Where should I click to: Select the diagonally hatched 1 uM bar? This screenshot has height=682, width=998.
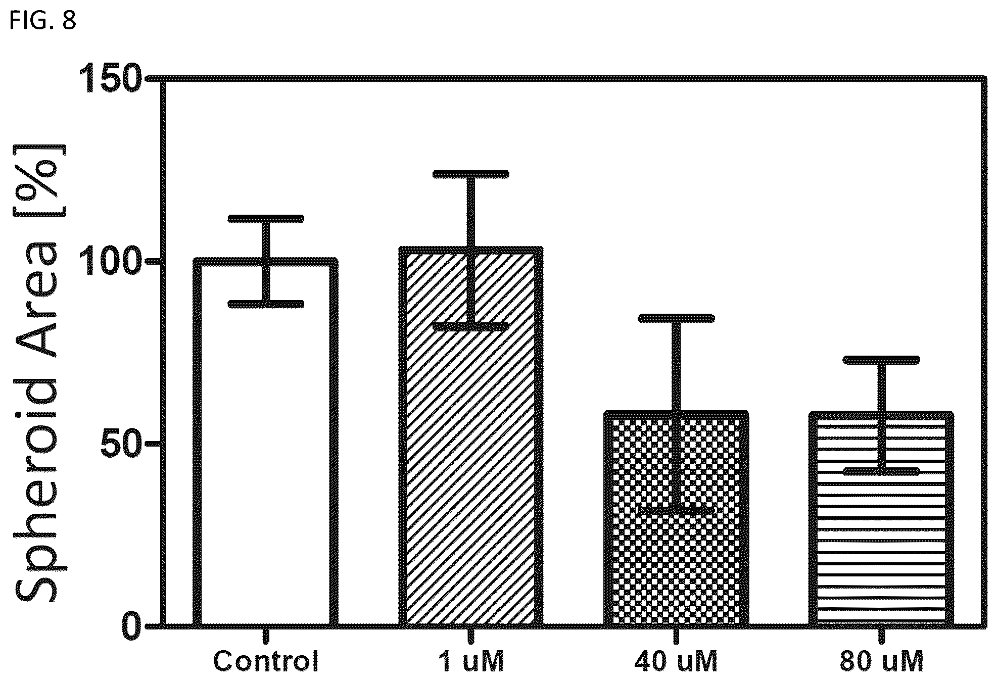coord(470,437)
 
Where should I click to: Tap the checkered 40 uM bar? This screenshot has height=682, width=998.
coord(676,519)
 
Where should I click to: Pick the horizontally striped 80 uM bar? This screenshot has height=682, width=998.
coord(881,519)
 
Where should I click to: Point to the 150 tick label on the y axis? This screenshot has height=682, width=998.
coord(108,79)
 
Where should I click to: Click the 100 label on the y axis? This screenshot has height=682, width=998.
coord(108,262)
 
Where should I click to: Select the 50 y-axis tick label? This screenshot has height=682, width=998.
coord(119,444)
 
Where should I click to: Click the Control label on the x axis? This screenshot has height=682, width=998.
coord(266,661)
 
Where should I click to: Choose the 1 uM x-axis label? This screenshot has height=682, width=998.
coord(471,661)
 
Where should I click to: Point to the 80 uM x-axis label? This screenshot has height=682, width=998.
coord(882,661)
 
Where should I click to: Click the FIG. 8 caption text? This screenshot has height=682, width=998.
coord(42,21)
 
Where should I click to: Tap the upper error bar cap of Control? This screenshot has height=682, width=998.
coord(266,219)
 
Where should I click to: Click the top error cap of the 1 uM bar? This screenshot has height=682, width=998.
coord(471,174)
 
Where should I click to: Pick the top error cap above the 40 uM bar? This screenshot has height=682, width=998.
coord(676,318)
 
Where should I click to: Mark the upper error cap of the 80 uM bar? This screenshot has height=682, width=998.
coord(881,360)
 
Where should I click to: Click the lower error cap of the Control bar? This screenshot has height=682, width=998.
coord(266,304)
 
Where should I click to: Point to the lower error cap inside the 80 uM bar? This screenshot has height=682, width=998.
coord(881,471)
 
